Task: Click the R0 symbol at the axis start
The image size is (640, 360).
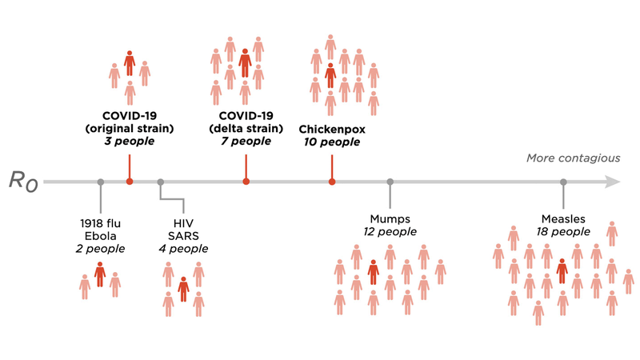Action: tap(25, 182)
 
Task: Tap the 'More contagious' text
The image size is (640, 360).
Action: tap(573, 158)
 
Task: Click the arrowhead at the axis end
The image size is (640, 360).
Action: tap(613, 182)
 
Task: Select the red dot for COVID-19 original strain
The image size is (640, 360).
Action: tap(130, 182)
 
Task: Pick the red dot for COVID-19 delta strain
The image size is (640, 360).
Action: tap(246, 182)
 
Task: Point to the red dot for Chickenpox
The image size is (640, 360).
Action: tap(332, 182)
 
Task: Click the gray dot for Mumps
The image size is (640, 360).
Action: tap(390, 182)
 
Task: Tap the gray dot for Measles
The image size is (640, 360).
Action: tap(563, 182)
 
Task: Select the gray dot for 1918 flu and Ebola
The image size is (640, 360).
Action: tap(100, 182)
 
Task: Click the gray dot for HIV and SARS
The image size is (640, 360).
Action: tap(161, 182)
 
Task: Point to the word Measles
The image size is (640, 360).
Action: tap(563, 218)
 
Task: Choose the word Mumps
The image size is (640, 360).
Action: tap(390, 218)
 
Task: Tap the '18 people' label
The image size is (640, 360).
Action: tap(563, 232)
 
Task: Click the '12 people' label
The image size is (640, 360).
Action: tap(390, 232)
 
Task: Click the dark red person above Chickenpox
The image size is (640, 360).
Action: tap(330, 74)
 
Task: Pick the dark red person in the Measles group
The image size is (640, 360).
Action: tap(562, 270)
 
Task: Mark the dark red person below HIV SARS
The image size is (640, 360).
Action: tap(183, 288)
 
